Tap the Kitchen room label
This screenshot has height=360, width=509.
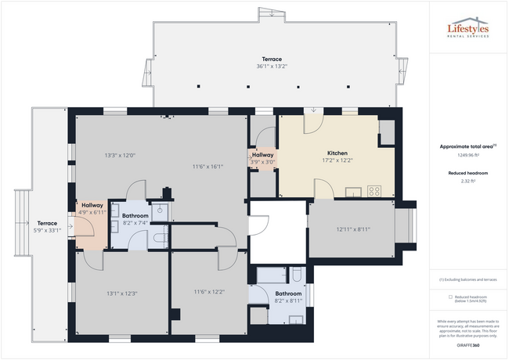[338, 153]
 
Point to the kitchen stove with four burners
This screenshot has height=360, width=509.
[374, 190]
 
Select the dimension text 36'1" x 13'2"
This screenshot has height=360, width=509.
[272, 67]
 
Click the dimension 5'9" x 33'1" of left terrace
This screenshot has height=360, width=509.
[47, 229]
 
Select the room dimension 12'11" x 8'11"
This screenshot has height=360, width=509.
[352, 229]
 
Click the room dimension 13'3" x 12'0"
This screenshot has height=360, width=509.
[120, 155]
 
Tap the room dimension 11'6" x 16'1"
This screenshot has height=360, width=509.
[208, 166]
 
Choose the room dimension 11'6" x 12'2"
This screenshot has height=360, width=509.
[209, 292]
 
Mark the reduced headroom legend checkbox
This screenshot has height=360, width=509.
[450, 297]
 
